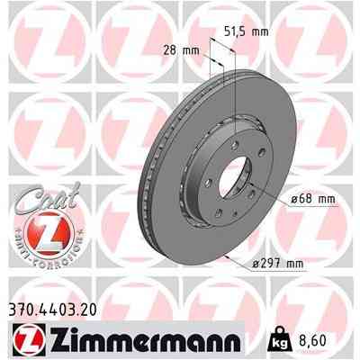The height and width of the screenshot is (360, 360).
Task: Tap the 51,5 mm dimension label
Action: pos(246,31)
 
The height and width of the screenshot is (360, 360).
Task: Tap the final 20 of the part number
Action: pos(86,308)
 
